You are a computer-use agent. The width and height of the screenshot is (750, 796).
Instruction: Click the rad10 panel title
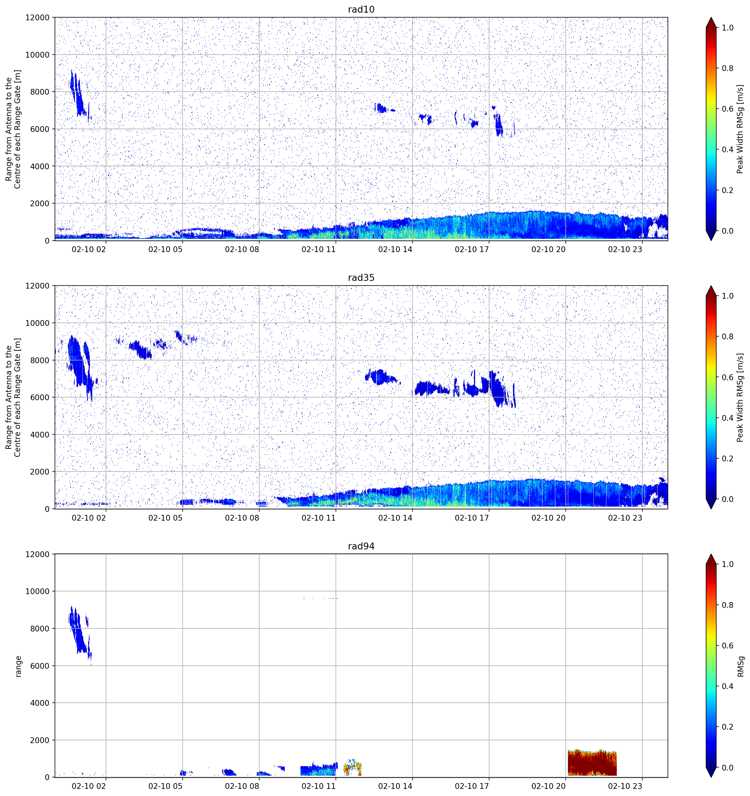tap(361, 9)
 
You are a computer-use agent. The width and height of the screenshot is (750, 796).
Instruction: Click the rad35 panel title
tap(361, 278)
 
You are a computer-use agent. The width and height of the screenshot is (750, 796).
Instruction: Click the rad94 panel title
tap(361, 546)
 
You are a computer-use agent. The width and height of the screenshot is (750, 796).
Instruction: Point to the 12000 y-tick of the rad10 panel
tap(38, 18)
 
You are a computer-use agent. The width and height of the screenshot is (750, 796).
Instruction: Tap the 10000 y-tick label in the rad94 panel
tap(38, 591)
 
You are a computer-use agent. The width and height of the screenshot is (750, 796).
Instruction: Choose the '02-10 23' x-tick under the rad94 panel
tap(625, 786)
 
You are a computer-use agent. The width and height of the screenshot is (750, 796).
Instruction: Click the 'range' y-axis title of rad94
tap(18, 666)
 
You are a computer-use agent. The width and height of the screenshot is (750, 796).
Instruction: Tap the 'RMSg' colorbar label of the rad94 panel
tap(740, 666)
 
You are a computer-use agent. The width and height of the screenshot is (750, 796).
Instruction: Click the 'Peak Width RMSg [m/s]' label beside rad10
tap(740, 129)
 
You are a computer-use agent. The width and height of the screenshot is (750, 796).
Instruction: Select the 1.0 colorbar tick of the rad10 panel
tap(728, 28)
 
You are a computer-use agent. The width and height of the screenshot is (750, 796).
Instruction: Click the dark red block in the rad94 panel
tap(592, 763)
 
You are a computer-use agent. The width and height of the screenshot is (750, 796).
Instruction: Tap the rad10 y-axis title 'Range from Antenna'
tap(13, 129)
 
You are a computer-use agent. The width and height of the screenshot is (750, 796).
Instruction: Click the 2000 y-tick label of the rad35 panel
tap(40, 472)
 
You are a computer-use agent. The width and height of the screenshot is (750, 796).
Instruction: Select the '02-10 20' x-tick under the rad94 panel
tap(548, 786)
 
